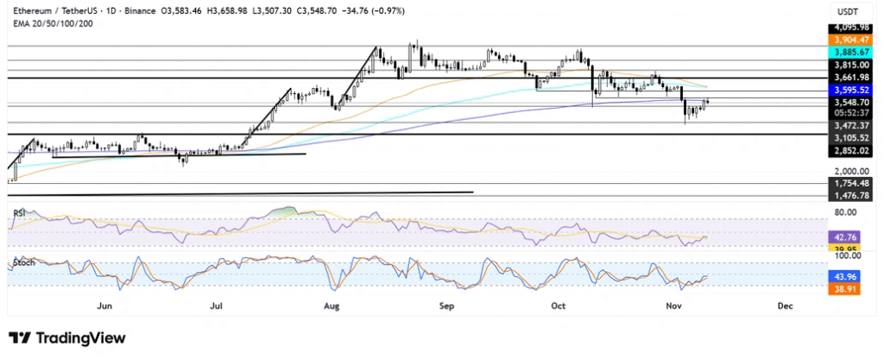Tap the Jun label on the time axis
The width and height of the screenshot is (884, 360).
(x=106, y=305)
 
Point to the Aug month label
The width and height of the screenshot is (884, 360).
(x=329, y=305)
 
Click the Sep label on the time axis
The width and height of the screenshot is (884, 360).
(x=446, y=305)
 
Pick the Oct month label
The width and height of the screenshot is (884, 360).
(x=559, y=305)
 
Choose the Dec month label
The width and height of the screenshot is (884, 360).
(x=786, y=305)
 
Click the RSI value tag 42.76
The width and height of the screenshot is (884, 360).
(x=848, y=236)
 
